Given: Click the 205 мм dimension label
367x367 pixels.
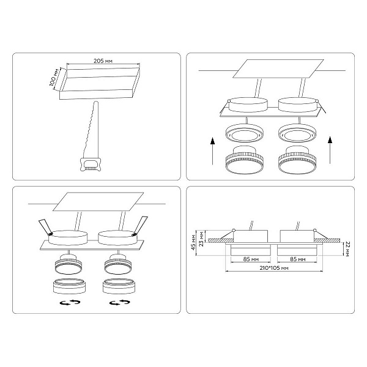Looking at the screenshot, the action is [x=103, y=61].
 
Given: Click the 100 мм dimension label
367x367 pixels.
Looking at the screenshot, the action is [x=54, y=78].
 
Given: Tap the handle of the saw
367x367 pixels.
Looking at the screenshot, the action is [x=91, y=164].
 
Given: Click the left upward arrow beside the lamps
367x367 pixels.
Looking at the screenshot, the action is [x=212, y=151].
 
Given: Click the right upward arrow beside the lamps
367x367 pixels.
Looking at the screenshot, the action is [x=330, y=150].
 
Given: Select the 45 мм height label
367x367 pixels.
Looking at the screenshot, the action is [x=193, y=242].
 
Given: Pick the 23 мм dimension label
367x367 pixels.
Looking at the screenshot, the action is [x=201, y=239].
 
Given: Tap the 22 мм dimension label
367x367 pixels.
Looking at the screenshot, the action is [x=347, y=250].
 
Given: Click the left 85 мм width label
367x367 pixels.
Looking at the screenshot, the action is [x=251, y=259].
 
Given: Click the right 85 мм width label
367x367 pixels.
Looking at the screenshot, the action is [x=297, y=259].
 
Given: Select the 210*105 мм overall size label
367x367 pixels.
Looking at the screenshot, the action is [x=274, y=268].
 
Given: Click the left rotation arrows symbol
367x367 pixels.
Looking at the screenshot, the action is [x=70, y=302].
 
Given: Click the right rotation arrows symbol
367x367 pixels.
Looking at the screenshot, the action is [x=120, y=302].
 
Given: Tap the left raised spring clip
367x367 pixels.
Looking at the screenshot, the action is [x=46, y=227].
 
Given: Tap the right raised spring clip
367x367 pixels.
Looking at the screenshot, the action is [x=140, y=226].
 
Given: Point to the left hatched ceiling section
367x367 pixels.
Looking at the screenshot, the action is [x=220, y=240].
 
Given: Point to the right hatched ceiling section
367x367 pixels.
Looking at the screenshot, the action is [x=327, y=240].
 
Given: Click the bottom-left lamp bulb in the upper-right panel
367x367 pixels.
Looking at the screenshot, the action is [x=245, y=160].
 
